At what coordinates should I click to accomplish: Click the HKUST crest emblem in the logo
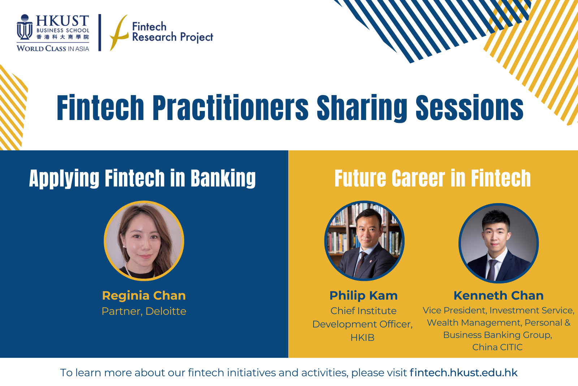pyautogui.click(x=25, y=27)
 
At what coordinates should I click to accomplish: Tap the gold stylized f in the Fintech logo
pyautogui.click(x=119, y=33)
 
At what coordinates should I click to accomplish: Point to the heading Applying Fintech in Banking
pyautogui.click(x=142, y=178)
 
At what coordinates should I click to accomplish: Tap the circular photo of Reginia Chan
pyautogui.click(x=144, y=241)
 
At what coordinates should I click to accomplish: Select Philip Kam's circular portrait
pyautogui.click(x=365, y=241)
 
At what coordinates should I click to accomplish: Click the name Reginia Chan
pyautogui.click(x=144, y=296)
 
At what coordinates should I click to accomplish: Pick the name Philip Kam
pyautogui.click(x=363, y=296)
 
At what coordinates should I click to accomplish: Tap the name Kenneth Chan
pyautogui.click(x=499, y=296)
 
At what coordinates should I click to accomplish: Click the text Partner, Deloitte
pyautogui.click(x=144, y=311)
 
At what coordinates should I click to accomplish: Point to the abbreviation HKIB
pyautogui.click(x=362, y=338)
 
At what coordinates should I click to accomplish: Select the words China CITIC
pyautogui.click(x=497, y=347)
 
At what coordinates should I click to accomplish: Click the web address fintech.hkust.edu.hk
pyautogui.click(x=464, y=373)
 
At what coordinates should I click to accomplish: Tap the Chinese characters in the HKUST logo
pyautogui.click(x=63, y=37)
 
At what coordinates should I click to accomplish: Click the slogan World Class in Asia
pyautogui.click(x=53, y=48)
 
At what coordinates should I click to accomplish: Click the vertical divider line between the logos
pyautogui.click(x=100, y=33)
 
